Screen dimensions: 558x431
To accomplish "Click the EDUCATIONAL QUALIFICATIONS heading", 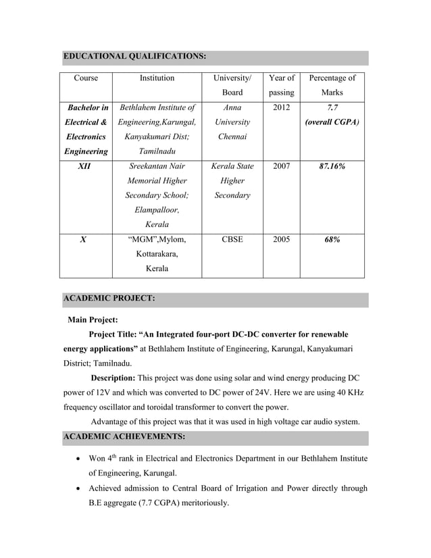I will pyautogui.click(x=134, y=56).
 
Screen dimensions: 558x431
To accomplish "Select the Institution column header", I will pyautogui.click(x=157, y=78).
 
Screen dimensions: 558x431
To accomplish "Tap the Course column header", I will pyautogui.click(x=86, y=78).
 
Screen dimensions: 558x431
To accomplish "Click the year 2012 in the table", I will pyautogui.click(x=281, y=107).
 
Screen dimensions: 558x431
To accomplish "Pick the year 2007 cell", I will pyautogui.click(x=281, y=166).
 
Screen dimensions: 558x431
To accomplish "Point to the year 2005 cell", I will pyautogui.click(x=281, y=238).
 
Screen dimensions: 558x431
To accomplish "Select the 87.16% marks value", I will pyautogui.click(x=332, y=166).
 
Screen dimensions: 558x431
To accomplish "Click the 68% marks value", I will pyautogui.click(x=332, y=238).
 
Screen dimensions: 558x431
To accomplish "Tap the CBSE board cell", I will pyautogui.click(x=232, y=238).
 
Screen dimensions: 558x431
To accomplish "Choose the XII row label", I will pyautogui.click(x=86, y=166).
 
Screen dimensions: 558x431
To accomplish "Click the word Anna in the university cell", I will pyautogui.click(x=232, y=107).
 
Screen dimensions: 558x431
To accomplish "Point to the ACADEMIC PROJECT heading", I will pyautogui.click(x=109, y=298).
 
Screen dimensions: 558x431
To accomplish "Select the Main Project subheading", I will pyautogui.click(x=93, y=320).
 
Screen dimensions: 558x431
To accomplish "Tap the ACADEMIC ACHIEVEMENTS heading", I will pyautogui.click(x=124, y=437).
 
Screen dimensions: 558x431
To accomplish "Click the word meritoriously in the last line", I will pyautogui.click(x=197, y=503).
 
